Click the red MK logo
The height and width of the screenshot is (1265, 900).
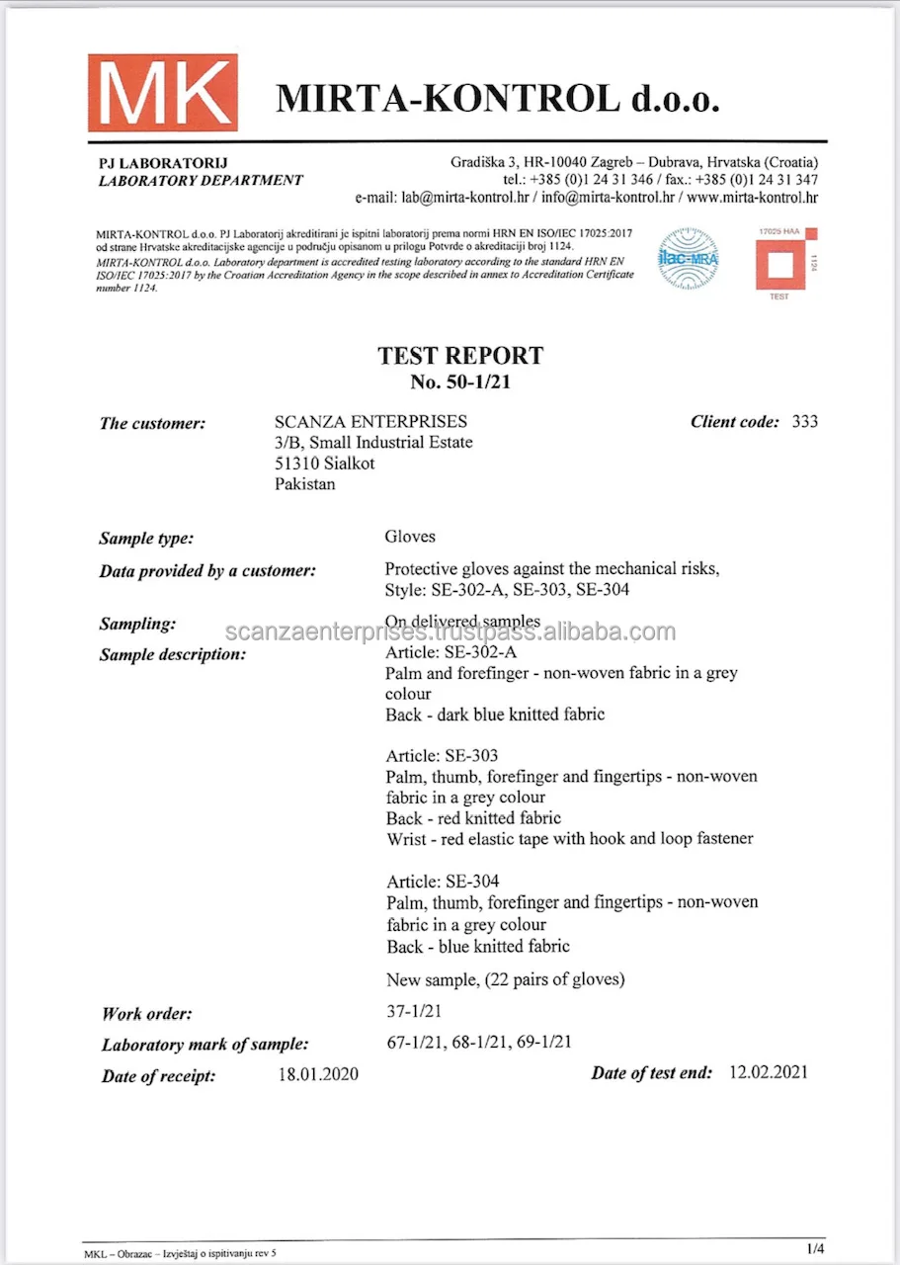162,93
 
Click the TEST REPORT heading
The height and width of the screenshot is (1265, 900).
460,356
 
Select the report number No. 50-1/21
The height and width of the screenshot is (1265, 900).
460,381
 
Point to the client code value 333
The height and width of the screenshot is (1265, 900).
804,422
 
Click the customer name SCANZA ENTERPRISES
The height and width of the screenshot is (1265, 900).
370,422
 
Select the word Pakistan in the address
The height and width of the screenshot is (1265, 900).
305,484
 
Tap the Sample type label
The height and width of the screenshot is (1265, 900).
146,539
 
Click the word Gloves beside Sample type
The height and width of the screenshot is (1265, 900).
410,538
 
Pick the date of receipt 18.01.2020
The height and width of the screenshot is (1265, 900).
318,1074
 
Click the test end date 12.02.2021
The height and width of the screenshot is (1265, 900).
768,1072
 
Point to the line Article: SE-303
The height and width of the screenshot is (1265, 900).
442,756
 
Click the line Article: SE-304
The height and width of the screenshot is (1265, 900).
442,882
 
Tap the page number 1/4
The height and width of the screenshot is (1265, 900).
815,1248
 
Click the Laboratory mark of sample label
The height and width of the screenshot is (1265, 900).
205,1045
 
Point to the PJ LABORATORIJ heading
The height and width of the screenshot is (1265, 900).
157,162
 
